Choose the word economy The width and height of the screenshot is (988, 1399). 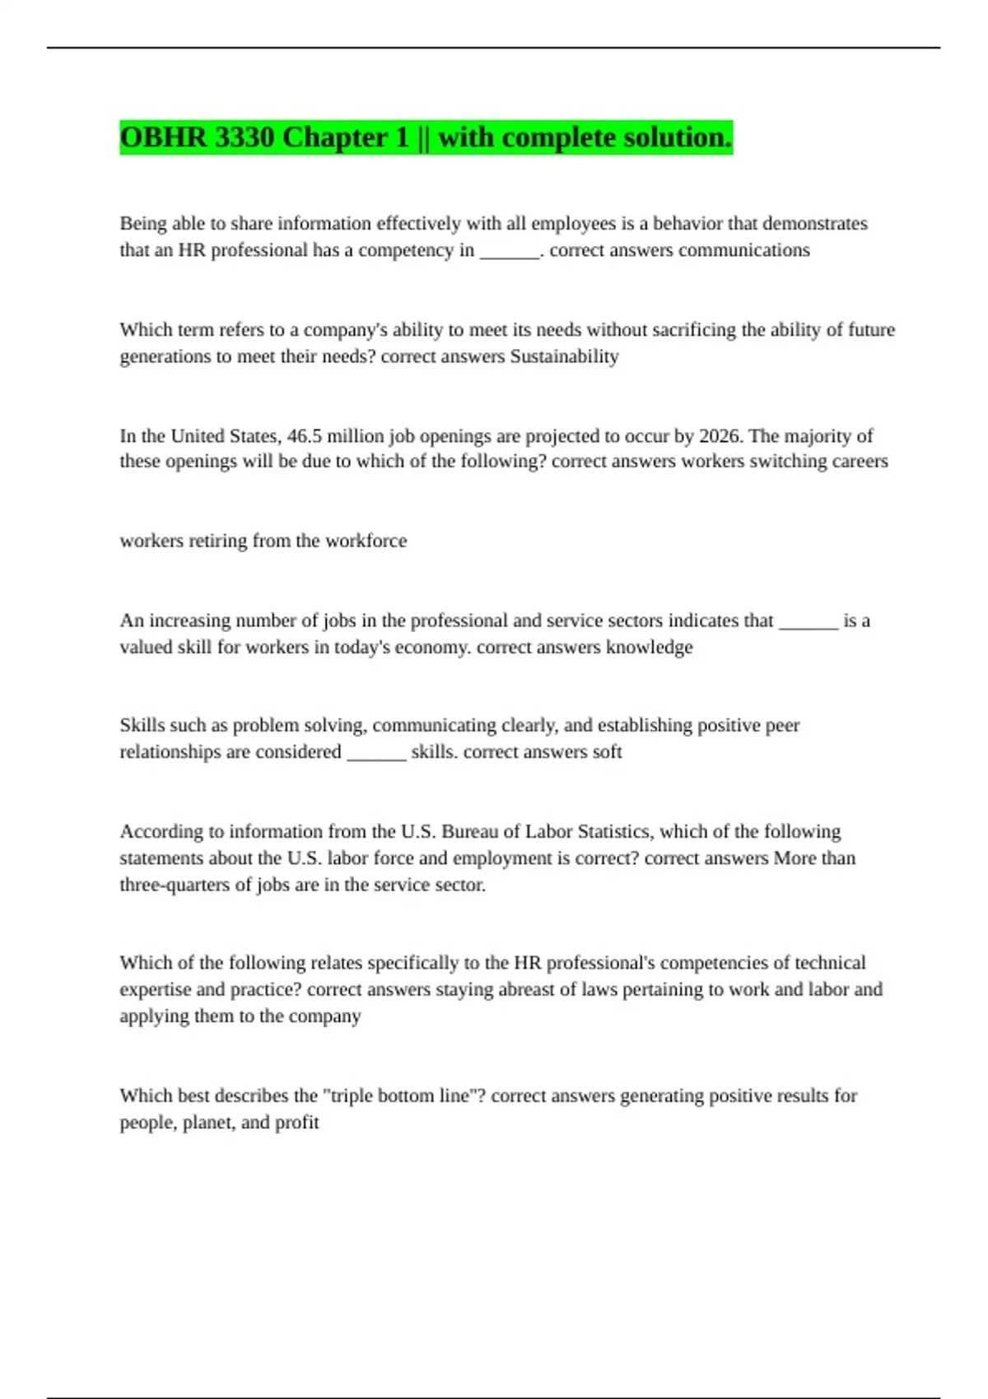point(433,647)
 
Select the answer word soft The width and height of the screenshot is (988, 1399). point(607,752)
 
